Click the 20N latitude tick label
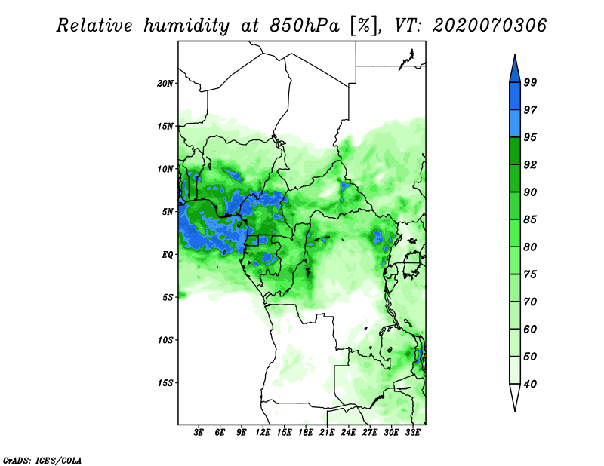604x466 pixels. [x=165, y=84]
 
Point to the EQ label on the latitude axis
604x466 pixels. [x=168, y=255]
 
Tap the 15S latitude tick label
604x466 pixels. [x=165, y=383]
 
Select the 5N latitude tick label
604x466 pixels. [x=168, y=212]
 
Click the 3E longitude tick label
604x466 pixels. [x=199, y=433]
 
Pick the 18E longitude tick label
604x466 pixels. [x=306, y=433]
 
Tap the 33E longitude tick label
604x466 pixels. [x=412, y=433]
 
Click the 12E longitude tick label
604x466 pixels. [x=263, y=433]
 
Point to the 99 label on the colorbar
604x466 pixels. [x=530, y=82]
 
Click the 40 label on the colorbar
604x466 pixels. [x=530, y=384]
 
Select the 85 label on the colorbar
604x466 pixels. [x=530, y=219]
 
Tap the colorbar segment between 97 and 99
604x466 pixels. [x=515, y=97]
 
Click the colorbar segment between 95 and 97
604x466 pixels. [x=515, y=124]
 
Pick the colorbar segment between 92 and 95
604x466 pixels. [x=515, y=151]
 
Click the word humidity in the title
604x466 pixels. [x=186, y=26]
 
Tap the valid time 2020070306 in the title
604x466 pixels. [x=489, y=26]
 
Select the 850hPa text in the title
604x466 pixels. [x=304, y=26]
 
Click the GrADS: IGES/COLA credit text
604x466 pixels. [x=42, y=460]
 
